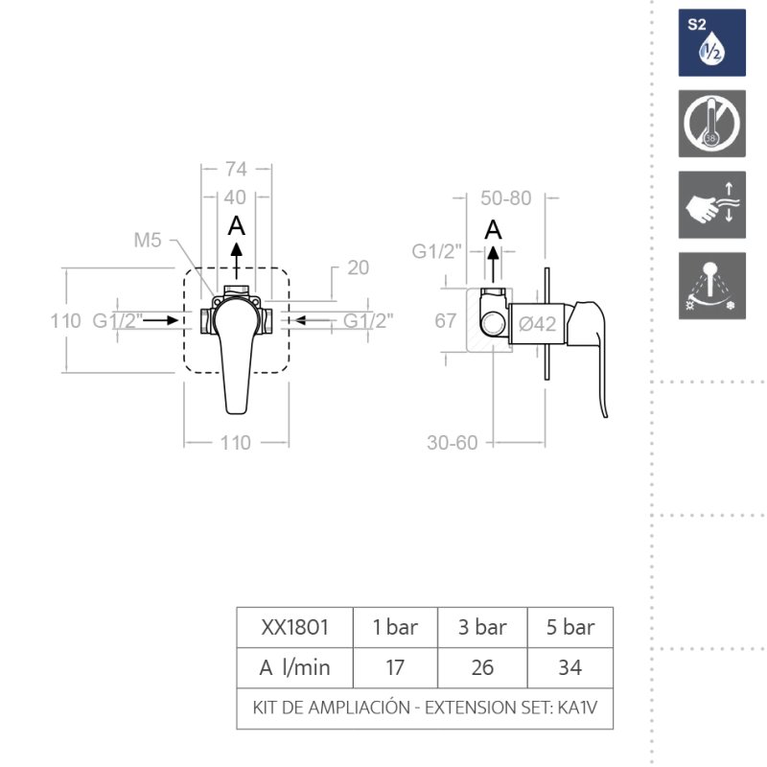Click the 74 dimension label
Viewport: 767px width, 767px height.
[236, 170]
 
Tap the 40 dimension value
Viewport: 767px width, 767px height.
[235, 198]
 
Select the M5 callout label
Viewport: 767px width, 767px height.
[148, 241]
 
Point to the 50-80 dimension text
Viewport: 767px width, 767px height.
[506, 198]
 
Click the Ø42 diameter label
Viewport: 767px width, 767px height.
[537, 324]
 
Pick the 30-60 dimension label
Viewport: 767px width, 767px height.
[452, 443]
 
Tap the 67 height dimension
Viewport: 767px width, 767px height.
[446, 321]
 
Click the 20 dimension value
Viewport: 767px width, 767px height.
[358, 267]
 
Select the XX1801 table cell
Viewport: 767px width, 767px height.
[295, 628]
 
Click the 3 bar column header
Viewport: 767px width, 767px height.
[482, 628]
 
